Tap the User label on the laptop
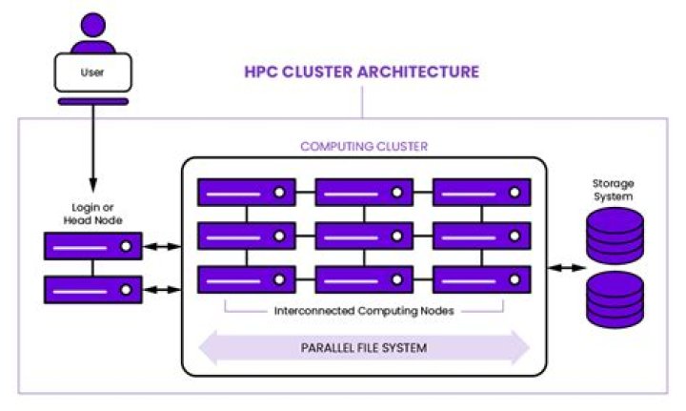click(91, 71)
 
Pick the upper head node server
click(92, 246)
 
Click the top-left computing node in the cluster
click(246, 192)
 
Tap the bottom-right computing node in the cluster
click(481, 278)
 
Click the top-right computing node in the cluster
click(481, 192)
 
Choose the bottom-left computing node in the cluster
click(246, 278)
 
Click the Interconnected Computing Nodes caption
click(363, 311)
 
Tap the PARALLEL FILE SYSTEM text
click(364, 348)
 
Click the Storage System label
click(614, 190)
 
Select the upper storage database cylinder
click(615, 236)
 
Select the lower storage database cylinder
click(615, 298)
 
